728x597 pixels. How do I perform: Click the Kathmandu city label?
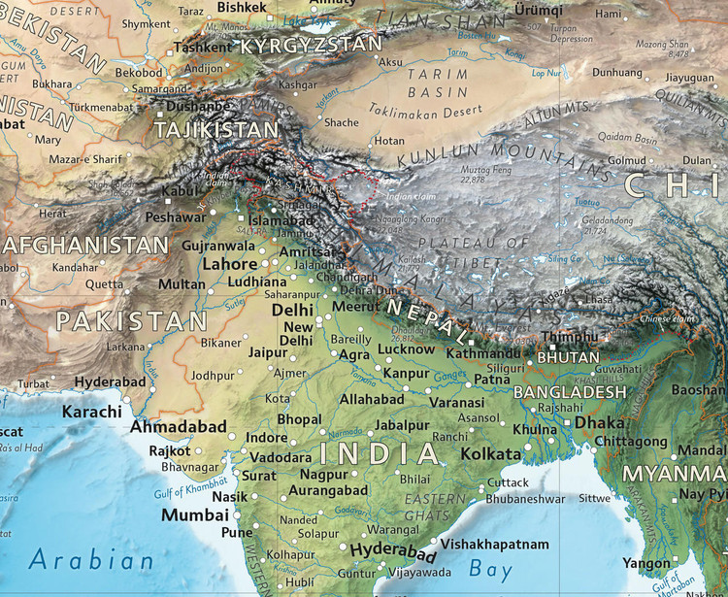(484, 354)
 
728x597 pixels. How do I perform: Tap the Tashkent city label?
(204, 47)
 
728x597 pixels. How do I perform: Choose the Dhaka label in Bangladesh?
(599, 423)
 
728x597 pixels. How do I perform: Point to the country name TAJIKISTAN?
(216, 128)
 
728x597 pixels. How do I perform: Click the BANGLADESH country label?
(570, 391)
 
